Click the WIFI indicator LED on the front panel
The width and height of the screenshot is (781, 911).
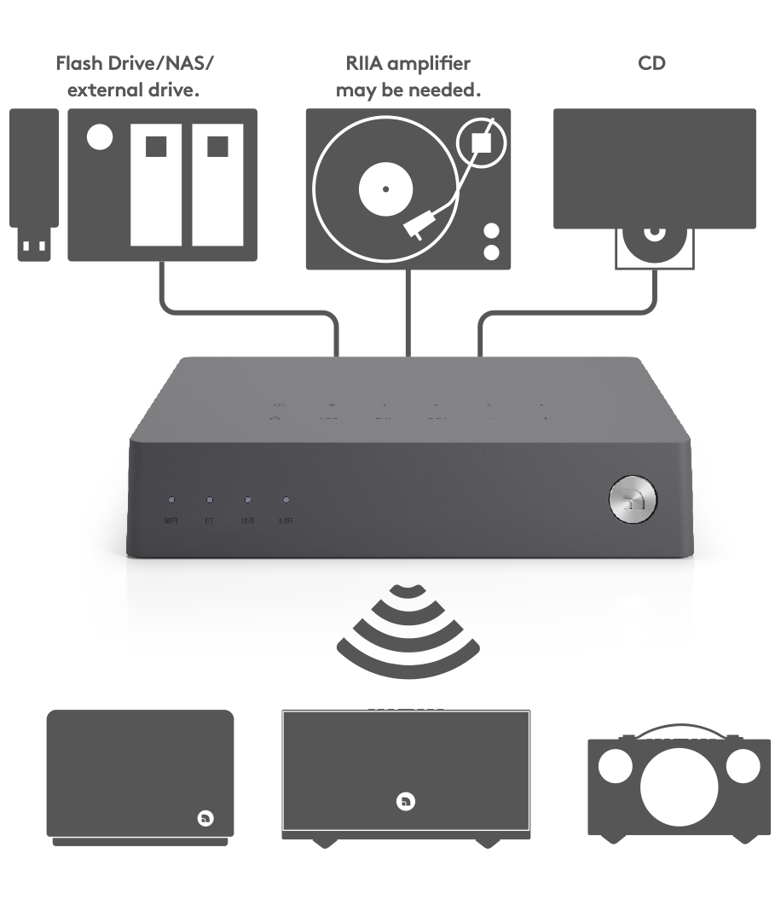click(171, 500)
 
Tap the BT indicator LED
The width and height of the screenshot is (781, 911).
click(209, 500)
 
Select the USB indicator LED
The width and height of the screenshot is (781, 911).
click(247, 500)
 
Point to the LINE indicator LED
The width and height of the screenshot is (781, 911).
click(286, 500)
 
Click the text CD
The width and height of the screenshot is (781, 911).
click(651, 64)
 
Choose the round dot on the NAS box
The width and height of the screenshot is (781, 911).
click(100, 136)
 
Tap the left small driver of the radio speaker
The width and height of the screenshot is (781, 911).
click(615, 767)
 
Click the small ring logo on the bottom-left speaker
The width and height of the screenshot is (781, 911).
click(205, 818)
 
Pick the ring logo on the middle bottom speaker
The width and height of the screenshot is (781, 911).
click(406, 801)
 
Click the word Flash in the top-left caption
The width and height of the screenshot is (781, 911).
click(78, 64)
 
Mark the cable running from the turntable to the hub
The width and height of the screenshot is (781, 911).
click(411, 311)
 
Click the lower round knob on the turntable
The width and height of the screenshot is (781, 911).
click(491, 252)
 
